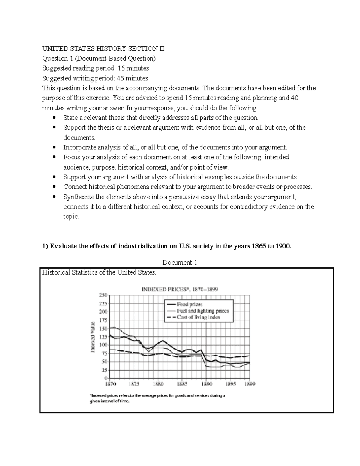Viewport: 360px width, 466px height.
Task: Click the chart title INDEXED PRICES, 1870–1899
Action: tap(179, 289)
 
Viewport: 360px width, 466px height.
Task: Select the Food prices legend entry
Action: tap(189, 304)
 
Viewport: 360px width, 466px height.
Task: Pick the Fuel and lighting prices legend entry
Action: tap(202, 311)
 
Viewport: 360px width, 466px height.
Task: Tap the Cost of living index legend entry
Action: tap(198, 317)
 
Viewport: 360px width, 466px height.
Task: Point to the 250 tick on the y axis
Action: tap(103, 295)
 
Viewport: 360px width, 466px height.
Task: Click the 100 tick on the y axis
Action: tap(103, 345)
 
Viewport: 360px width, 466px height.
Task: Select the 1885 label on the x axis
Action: tap(182, 384)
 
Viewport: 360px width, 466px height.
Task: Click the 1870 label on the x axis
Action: tap(110, 384)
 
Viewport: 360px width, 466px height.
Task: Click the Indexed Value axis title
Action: tap(93, 337)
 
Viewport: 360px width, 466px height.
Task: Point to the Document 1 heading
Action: tap(179, 263)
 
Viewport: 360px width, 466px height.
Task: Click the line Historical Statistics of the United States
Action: tap(99, 272)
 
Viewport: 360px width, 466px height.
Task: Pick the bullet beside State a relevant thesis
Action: tap(54, 117)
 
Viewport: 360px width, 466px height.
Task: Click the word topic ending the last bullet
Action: tap(71, 216)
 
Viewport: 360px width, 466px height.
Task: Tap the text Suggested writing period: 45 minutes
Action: tap(95, 78)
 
